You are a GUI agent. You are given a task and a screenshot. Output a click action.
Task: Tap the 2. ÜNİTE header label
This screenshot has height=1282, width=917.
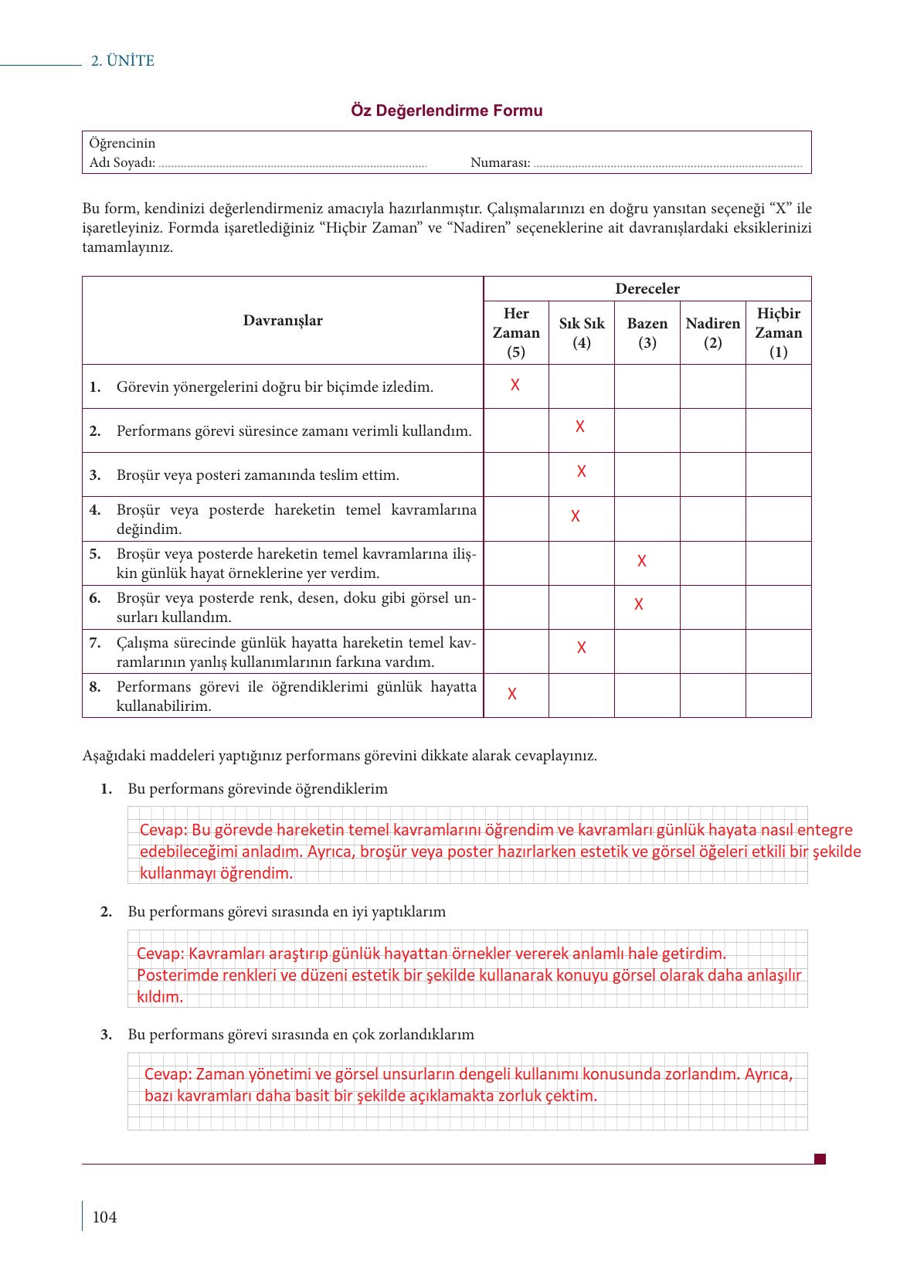[x=123, y=61]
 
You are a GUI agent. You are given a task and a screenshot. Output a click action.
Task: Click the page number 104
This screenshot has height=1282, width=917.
[x=104, y=1217]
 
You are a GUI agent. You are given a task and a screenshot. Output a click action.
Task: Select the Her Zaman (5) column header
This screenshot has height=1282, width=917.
[x=516, y=332]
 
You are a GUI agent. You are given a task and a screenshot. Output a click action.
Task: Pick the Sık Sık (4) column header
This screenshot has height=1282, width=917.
[x=582, y=332]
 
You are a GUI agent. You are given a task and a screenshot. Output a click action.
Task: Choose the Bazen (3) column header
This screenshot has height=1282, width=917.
[x=647, y=332]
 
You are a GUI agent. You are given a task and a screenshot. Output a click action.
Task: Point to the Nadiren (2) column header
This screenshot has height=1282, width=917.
[x=712, y=332]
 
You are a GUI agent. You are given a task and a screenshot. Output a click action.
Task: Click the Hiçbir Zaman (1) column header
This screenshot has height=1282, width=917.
[x=778, y=332]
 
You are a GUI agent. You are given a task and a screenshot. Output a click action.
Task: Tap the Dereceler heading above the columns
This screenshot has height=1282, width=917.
[x=647, y=289]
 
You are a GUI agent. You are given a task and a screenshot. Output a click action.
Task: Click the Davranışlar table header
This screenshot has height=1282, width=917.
[x=283, y=321]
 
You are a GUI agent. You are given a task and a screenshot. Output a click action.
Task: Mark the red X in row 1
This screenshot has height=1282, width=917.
[x=515, y=385]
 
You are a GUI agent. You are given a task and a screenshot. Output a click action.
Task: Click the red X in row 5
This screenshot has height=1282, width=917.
[x=642, y=562]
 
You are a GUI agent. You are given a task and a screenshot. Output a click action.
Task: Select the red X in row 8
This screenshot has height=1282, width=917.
[x=512, y=694]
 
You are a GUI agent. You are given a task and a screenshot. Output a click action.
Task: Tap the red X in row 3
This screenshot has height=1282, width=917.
[x=582, y=471]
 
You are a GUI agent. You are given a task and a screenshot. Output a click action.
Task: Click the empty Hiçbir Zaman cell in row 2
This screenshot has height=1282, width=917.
[x=778, y=430]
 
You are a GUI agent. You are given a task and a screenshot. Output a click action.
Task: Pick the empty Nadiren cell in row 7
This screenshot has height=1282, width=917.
[x=712, y=651]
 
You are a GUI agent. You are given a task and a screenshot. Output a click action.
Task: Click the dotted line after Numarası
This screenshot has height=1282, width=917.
[x=667, y=164]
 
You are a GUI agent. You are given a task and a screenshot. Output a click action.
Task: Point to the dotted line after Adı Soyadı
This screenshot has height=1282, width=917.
[x=292, y=164]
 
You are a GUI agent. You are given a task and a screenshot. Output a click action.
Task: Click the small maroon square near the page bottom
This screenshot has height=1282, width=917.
[x=820, y=1158]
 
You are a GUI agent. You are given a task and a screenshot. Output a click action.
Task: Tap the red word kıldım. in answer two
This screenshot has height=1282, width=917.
[x=161, y=997]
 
